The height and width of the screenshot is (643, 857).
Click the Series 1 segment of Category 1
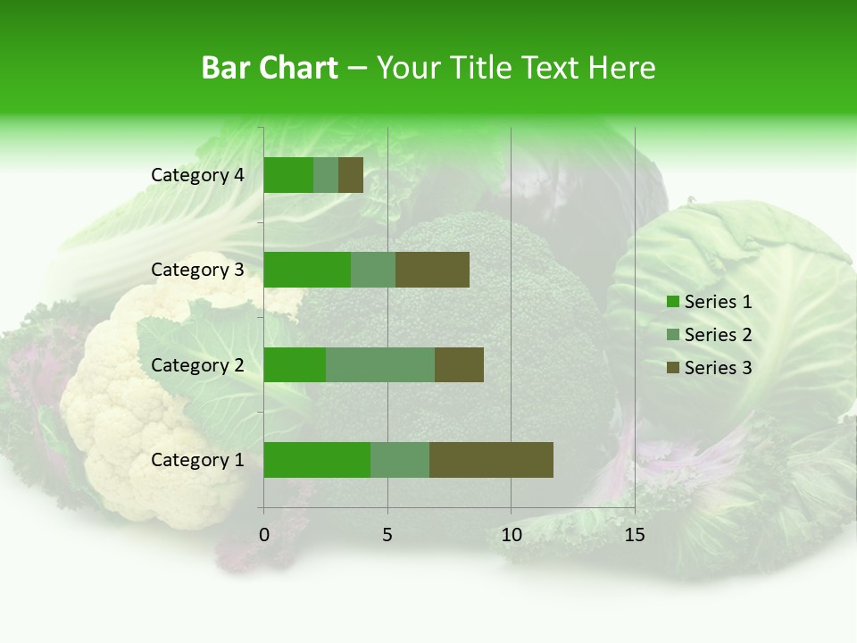click(317, 459)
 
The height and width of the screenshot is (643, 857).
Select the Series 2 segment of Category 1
click(400, 459)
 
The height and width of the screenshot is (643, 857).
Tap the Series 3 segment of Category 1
click(491, 459)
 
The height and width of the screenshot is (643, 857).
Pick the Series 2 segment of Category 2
click(380, 364)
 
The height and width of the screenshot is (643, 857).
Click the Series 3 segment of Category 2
click(459, 364)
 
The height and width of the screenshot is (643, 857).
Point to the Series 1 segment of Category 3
click(307, 270)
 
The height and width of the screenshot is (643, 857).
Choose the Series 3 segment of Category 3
click(432, 270)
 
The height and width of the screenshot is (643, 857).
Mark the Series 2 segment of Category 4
click(326, 175)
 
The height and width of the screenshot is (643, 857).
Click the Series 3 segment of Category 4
click(351, 175)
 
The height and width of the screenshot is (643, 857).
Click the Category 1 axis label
click(197, 460)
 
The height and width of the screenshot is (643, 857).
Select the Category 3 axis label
click(197, 270)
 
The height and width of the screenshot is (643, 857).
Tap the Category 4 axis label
click(197, 175)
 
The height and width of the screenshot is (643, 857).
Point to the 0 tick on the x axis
click(264, 535)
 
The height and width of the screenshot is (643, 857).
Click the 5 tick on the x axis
click(387, 535)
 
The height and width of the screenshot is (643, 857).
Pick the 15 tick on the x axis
click(635, 535)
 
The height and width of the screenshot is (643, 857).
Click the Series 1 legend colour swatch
click(672, 302)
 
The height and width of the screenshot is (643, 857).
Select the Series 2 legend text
click(718, 335)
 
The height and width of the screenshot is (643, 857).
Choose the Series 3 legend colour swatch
click(672, 368)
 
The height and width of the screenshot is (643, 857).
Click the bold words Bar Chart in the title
click(270, 68)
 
